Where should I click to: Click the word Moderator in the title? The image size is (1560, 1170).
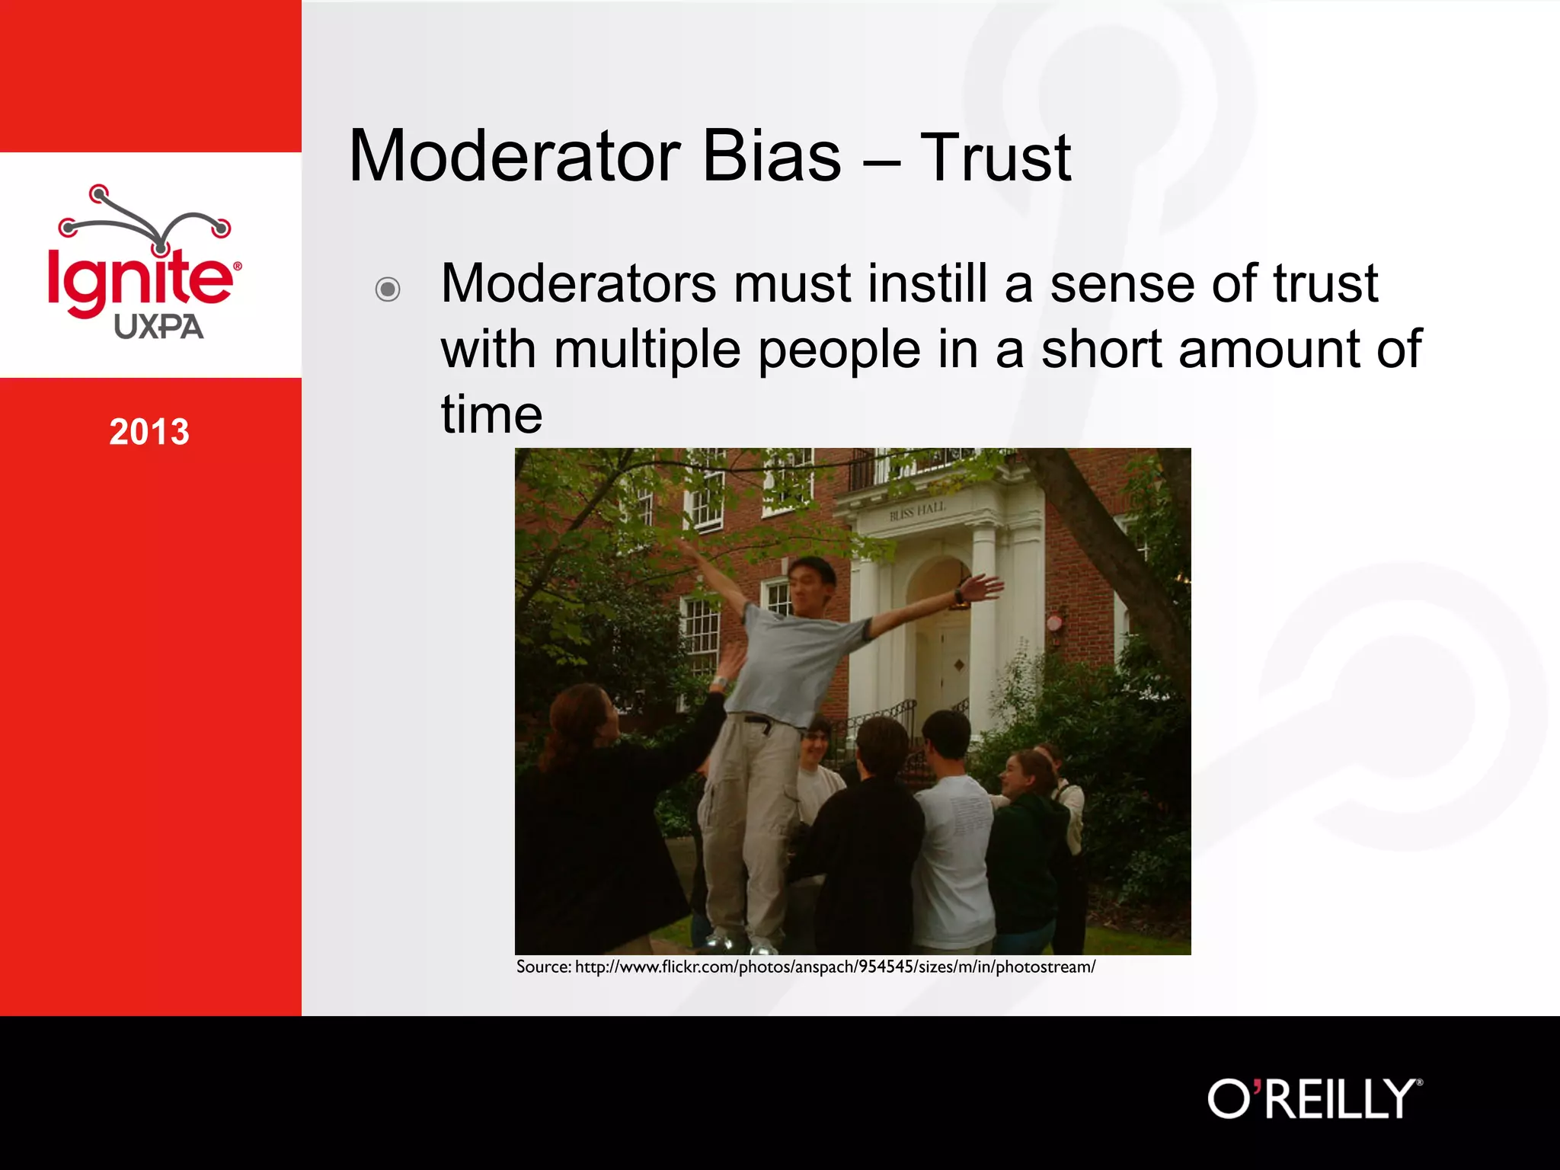pos(514,158)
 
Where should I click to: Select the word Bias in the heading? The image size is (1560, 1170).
pos(771,158)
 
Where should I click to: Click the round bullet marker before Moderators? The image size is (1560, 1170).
pos(388,289)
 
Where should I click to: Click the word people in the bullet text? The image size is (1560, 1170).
pos(839,350)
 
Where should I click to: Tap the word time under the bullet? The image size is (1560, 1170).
pos(491,415)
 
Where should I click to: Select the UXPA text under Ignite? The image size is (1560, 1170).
pos(158,328)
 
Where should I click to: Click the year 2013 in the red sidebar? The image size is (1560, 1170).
pos(149,432)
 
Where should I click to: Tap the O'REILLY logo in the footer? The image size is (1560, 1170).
pos(1314,1099)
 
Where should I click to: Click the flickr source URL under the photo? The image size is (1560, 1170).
pos(806,967)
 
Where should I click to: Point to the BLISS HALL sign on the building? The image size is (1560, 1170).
pos(917,511)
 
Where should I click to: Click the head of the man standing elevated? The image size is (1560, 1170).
pos(810,587)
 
